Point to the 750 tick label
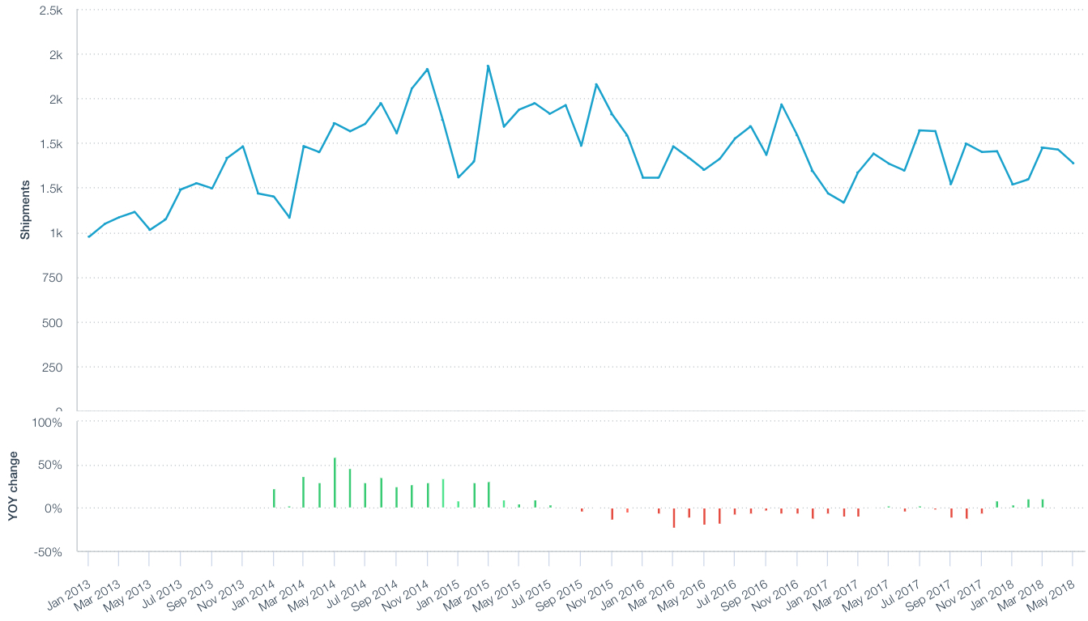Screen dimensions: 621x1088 [x=52, y=278]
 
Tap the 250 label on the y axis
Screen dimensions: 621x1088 [x=52, y=367]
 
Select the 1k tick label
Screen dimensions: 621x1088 [x=55, y=233]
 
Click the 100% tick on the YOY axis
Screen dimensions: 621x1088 [x=47, y=422]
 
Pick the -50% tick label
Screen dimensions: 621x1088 [x=47, y=551]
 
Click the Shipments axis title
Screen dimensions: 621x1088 [x=25, y=209]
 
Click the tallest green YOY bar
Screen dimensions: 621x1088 [x=335, y=483]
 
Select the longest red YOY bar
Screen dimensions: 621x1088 [x=673, y=517]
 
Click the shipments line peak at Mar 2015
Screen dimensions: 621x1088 [x=488, y=66]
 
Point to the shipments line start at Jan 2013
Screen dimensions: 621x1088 [x=88, y=236]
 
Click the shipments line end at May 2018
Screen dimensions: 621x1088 [x=1073, y=164]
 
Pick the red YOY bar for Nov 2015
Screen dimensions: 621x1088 [x=612, y=513]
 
